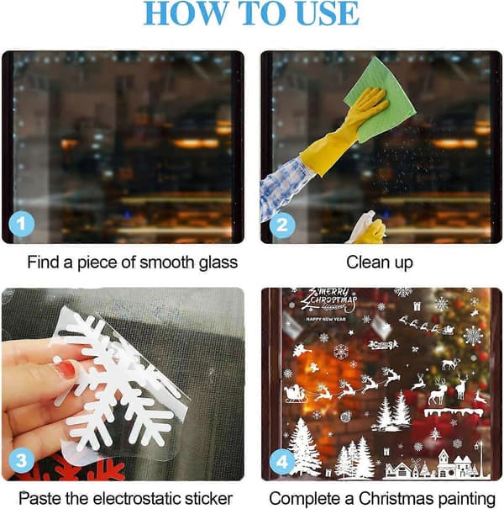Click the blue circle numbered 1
pyautogui.click(x=21, y=224)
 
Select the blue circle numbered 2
pyautogui.click(x=282, y=225)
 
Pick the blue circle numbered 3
pyautogui.click(x=21, y=459)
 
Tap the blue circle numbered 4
pyautogui.click(x=282, y=461)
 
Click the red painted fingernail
pyautogui.click(x=66, y=368)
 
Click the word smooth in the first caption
pyautogui.click(x=168, y=262)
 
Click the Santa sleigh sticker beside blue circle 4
pyautogui.click(x=296, y=394)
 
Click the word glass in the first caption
pyautogui.click(x=218, y=263)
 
